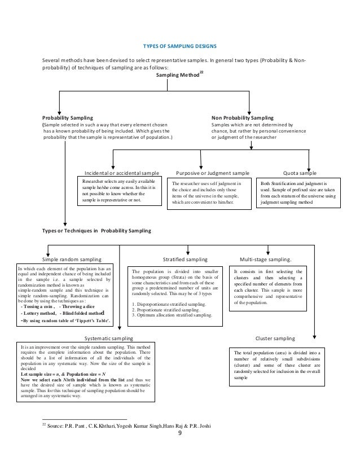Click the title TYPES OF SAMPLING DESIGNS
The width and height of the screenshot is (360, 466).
click(179, 46)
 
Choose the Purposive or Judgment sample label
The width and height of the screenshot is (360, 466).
click(213, 173)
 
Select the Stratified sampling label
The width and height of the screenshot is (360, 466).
click(185, 260)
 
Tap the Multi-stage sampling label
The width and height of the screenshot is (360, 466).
click(266, 260)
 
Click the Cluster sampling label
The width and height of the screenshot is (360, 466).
click(275, 337)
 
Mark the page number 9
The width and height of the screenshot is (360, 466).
click(179, 433)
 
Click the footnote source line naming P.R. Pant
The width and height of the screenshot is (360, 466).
click(133, 425)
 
